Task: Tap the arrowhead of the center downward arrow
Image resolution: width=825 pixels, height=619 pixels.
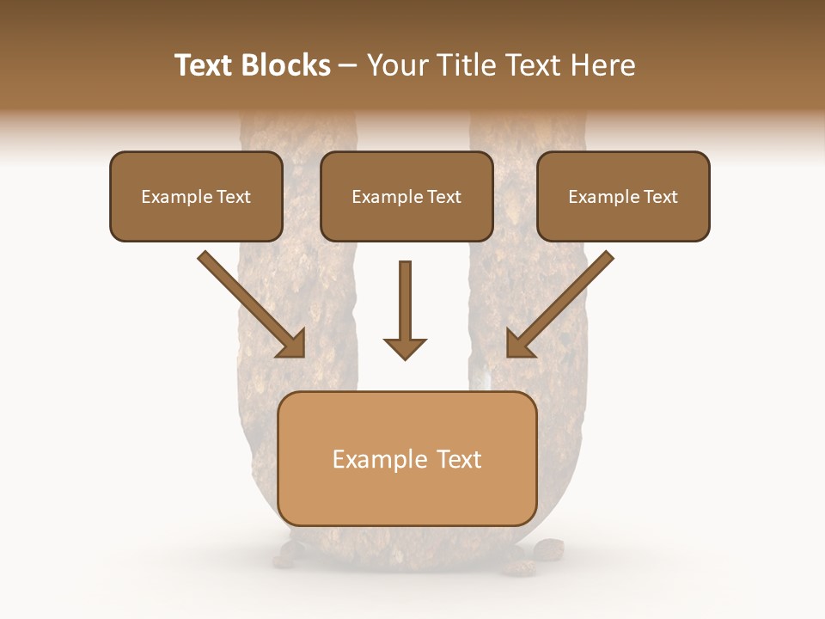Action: tap(405, 347)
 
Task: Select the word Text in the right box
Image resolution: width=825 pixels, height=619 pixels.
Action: tap(661, 197)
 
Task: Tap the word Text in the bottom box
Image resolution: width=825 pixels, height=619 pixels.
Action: tap(460, 459)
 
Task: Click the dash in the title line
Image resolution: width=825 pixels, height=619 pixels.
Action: tap(348, 66)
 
